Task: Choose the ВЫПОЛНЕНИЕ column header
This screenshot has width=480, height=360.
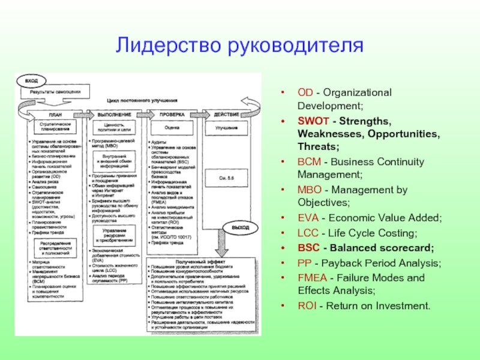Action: coord(113,114)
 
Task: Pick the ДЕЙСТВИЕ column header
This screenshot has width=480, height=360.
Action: coord(226,114)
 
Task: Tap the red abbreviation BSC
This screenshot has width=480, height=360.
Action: coord(307,248)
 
